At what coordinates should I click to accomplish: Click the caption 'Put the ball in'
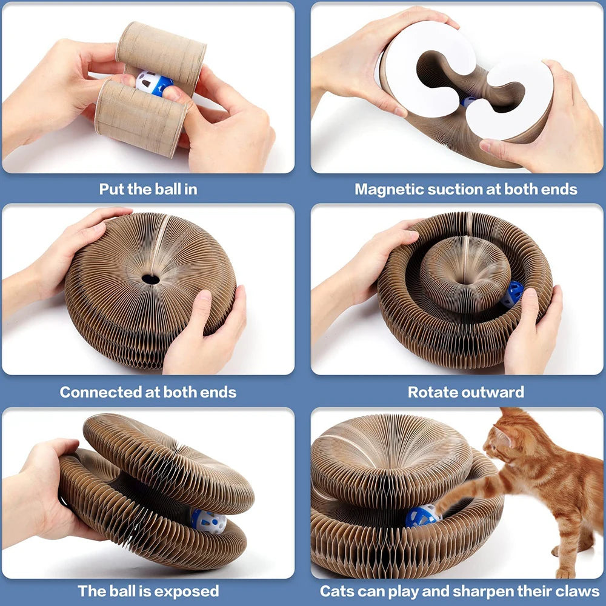click(148, 188)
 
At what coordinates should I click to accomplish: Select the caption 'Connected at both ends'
click(148, 391)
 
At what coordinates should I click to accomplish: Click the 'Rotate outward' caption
click(465, 391)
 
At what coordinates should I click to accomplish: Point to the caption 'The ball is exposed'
click(148, 591)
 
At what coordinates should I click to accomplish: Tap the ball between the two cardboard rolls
click(151, 84)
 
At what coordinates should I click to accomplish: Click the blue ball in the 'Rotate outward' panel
click(513, 293)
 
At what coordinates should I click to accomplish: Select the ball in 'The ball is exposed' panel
click(208, 521)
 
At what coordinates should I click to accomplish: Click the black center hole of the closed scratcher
click(150, 279)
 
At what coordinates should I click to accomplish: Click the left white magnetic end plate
click(427, 70)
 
